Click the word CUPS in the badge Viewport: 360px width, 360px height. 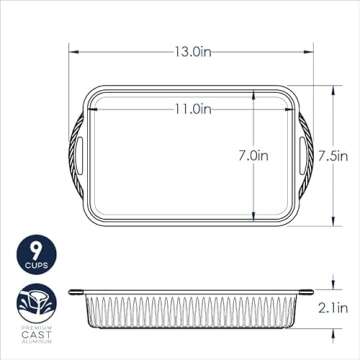tap(36, 266)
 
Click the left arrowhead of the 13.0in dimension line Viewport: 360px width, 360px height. tap(73, 47)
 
